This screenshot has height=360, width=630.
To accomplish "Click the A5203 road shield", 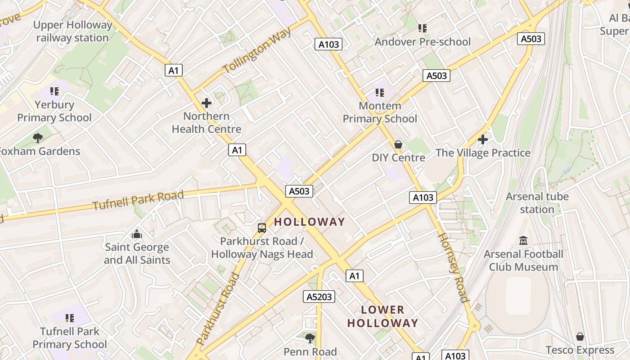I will click(x=319, y=297).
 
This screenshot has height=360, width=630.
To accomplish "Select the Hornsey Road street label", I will click(x=453, y=267).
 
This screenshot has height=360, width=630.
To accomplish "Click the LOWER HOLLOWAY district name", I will click(x=383, y=316).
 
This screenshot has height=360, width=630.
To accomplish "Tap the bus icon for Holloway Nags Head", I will click(x=262, y=228).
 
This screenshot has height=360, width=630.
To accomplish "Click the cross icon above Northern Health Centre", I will click(x=207, y=103).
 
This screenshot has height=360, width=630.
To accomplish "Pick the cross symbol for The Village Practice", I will click(x=483, y=139).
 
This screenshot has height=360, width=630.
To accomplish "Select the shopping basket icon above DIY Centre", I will click(x=398, y=144).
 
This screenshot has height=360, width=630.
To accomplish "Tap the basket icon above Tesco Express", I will click(x=580, y=337).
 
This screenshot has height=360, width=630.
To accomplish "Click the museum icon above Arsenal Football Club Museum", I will click(x=523, y=241).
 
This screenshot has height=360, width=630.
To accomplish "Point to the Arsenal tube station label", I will click(x=537, y=203).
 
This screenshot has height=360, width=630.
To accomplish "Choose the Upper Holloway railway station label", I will click(x=72, y=31).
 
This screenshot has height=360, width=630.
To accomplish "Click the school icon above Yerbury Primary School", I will click(x=54, y=91).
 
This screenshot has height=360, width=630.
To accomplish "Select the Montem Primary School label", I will click(x=380, y=112).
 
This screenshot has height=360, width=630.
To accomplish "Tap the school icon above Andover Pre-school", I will click(x=422, y=28).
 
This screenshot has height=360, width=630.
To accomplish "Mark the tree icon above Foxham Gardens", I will click(x=38, y=138).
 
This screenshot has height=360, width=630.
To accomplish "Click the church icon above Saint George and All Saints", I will click(x=137, y=234).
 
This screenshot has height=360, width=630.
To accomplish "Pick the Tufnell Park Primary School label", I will click(x=70, y=338).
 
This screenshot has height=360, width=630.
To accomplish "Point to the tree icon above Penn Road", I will click(x=310, y=338).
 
